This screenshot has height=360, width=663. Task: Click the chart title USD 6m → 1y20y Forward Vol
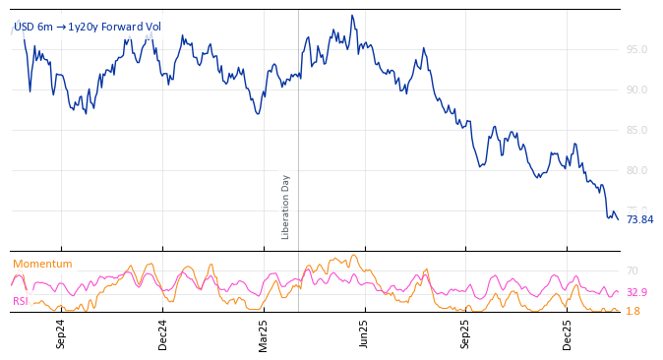pos(88,28)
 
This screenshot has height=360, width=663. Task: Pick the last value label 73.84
pos(639,220)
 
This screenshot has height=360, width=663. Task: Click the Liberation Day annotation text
pos(286,207)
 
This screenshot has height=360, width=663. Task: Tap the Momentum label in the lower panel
pos(42,264)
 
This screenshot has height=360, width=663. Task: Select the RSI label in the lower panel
pos(21,301)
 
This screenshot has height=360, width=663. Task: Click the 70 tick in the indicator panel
pos(633,270)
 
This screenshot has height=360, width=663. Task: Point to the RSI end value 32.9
pos(636,292)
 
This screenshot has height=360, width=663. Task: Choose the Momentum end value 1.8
pos(633,311)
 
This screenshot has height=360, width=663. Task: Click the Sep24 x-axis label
pos(61,333)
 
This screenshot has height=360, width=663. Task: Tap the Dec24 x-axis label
pos(162,333)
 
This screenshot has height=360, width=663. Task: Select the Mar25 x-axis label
pos(264,333)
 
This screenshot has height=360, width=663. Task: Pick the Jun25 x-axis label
pos(364,333)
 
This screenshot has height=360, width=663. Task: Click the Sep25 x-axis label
pos(465,333)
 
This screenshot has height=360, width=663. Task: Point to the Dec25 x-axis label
pos(567,333)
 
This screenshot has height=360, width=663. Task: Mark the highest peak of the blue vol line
pos(351,16)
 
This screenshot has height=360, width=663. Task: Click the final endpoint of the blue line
pos(618,218)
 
